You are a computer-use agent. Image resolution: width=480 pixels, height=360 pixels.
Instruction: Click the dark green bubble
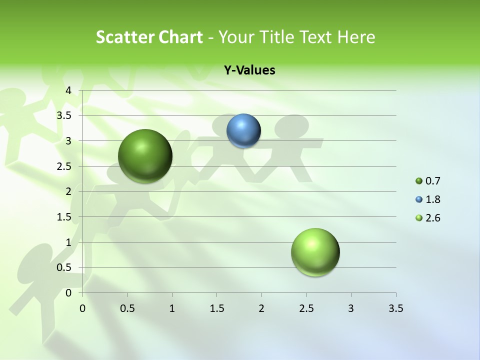coord(145,155)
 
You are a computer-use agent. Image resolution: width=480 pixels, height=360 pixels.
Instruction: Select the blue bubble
coord(243,130)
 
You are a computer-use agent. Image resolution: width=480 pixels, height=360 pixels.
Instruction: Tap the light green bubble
coord(315,252)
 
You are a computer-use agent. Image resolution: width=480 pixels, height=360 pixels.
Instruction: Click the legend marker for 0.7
coord(419,181)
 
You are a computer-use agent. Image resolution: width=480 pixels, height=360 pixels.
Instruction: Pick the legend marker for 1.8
coord(419,199)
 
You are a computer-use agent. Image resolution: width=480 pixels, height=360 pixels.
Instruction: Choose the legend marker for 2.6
coord(419,218)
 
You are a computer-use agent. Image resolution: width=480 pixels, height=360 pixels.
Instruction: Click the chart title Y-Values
coord(249,70)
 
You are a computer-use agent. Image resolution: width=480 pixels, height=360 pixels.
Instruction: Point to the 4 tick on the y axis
coord(69,90)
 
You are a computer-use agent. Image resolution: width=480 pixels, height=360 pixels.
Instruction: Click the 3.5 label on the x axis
coord(395,308)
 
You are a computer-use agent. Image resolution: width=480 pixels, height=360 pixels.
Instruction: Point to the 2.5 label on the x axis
coord(306,308)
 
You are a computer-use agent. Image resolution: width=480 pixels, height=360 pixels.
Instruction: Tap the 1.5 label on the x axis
coord(216,308)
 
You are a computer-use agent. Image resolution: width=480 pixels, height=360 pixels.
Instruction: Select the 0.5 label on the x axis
coord(127,308)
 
